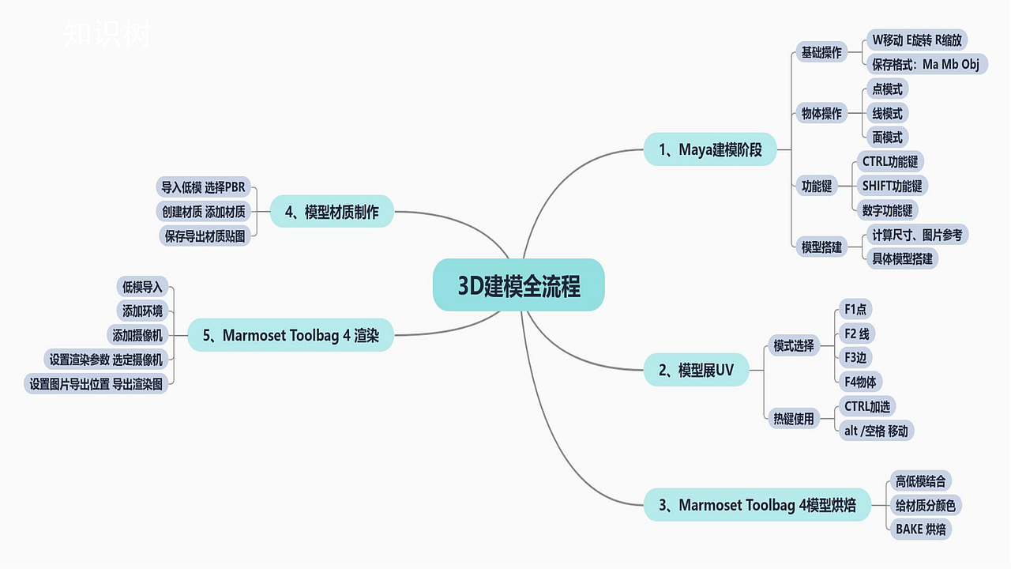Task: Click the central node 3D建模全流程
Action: pyautogui.click(x=519, y=285)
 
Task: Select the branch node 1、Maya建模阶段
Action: pyautogui.click(x=710, y=149)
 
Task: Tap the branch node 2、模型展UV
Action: pyautogui.click(x=696, y=370)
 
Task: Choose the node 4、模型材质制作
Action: pyautogui.click(x=332, y=212)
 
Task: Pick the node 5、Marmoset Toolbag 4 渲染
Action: pyautogui.click(x=291, y=335)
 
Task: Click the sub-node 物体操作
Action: pyautogui.click(x=821, y=113)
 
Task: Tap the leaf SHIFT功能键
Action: pyautogui.click(x=892, y=186)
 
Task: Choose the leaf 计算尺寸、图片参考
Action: pyautogui.click(x=917, y=235)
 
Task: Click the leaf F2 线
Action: pyautogui.click(x=856, y=333)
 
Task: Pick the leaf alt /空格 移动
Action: pyautogui.click(x=876, y=431)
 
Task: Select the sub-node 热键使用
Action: pyautogui.click(x=793, y=419)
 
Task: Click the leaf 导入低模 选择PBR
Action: pyautogui.click(x=203, y=187)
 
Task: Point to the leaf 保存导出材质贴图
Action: pyautogui.click(x=205, y=236)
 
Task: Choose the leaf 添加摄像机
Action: pyautogui.click(x=137, y=335)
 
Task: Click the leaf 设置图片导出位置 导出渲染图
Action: pyautogui.click(x=96, y=384)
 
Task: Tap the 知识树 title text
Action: pyautogui.click(x=106, y=34)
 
